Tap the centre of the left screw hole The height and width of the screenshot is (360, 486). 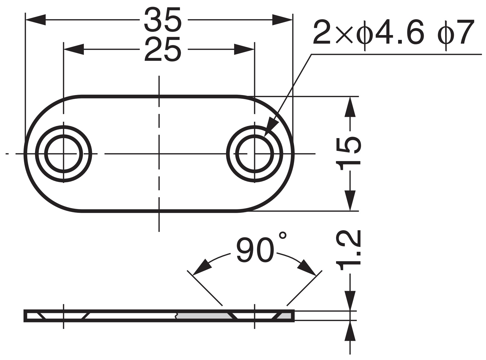click(x=63, y=154)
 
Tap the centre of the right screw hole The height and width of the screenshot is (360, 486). click(x=254, y=154)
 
